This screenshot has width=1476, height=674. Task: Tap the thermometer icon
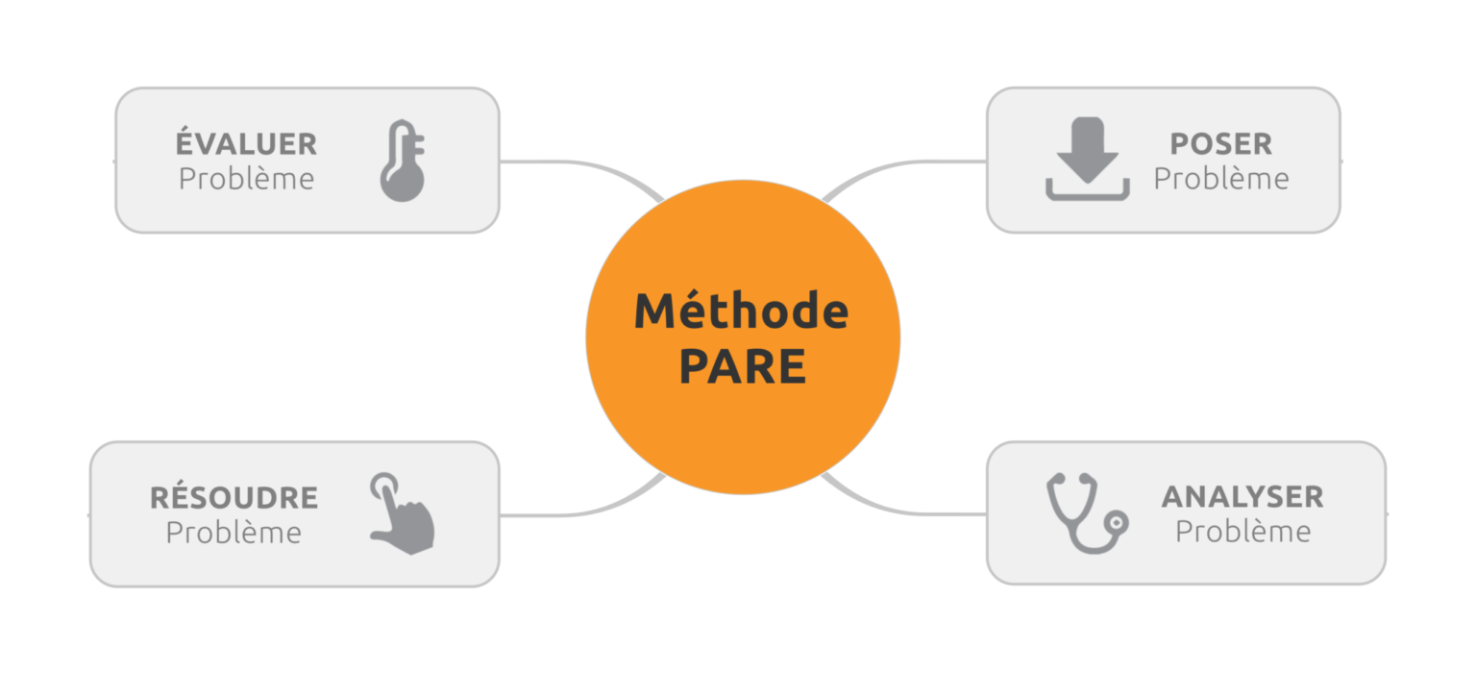[403, 161]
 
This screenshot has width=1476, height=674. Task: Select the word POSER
[1221, 144]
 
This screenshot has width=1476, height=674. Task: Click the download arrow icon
[1087, 159]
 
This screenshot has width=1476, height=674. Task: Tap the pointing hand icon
[402, 513]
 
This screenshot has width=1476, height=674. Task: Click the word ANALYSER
[1242, 497]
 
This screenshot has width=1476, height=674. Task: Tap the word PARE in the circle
[743, 366]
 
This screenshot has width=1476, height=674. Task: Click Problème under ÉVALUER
[246, 179]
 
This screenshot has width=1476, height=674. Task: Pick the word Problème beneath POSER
[1221, 179]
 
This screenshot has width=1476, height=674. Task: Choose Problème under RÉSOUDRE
[234, 533]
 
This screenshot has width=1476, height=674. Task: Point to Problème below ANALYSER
[1242, 532]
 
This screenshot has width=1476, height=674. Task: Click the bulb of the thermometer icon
[403, 182]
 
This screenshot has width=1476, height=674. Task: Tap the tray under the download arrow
[1087, 192]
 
